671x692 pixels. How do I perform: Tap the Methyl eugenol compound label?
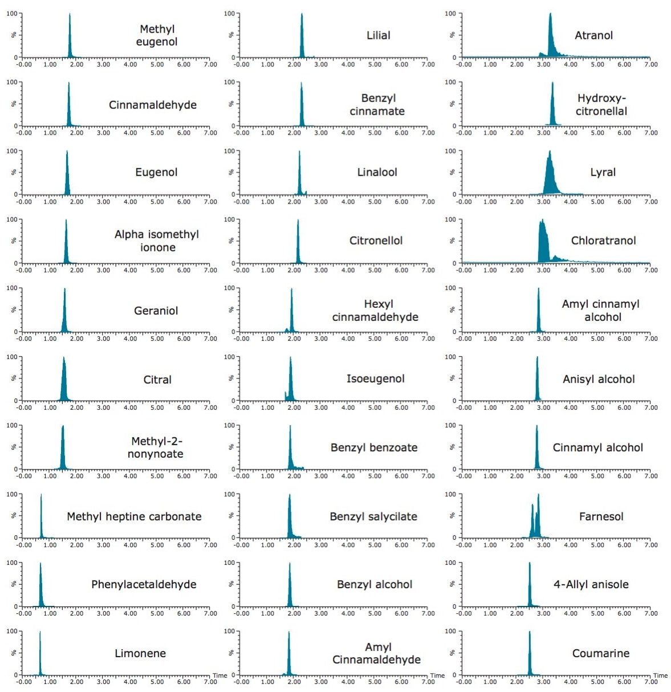pyautogui.click(x=157, y=35)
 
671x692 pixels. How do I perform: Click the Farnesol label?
pyautogui.click(x=601, y=516)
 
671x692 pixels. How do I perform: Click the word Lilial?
pyautogui.click(x=378, y=35)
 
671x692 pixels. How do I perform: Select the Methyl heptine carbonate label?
pyautogui.click(x=134, y=516)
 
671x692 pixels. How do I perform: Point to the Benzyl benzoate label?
pyautogui.click(x=373, y=447)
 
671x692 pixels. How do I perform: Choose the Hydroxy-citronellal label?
pyautogui.click(x=601, y=105)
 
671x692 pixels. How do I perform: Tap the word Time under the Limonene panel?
pyautogui.click(x=220, y=675)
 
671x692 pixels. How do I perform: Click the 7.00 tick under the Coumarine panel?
pyautogui.click(x=650, y=682)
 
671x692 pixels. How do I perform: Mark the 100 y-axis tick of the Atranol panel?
pyautogui.click(x=450, y=13)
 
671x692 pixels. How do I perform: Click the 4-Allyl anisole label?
pyautogui.click(x=591, y=584)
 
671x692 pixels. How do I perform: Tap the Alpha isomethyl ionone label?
pyautogui.click(x=157, y=241)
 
